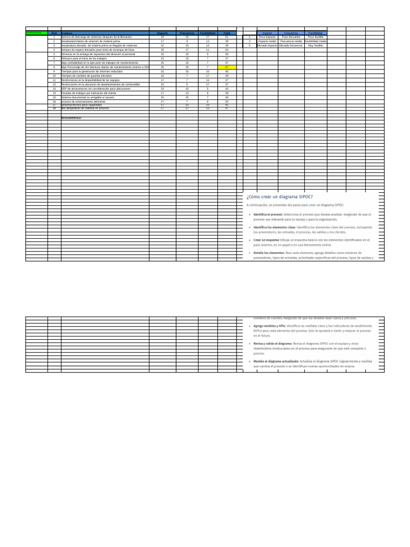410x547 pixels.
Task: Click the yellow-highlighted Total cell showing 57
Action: pos(226,67)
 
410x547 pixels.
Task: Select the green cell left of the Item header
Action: pos(36,33)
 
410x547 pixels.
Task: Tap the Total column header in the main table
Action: pos(226,33)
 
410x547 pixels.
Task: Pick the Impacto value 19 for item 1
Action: pos(162,37)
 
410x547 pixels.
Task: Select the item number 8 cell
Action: pos(54,67)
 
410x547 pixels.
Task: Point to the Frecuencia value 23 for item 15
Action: pos(187,97)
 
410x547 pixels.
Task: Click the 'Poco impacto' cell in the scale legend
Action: pos(267,37)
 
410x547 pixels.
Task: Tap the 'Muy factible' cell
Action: pos(316,45)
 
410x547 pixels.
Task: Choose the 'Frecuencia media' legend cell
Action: pos(291,41)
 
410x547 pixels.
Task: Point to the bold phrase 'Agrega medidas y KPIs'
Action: pos(269,325)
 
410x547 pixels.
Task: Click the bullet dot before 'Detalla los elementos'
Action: pos(249,253)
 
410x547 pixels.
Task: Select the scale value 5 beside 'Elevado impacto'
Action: pos(249,45)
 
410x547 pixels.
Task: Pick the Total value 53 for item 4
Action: pos(226,50)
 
